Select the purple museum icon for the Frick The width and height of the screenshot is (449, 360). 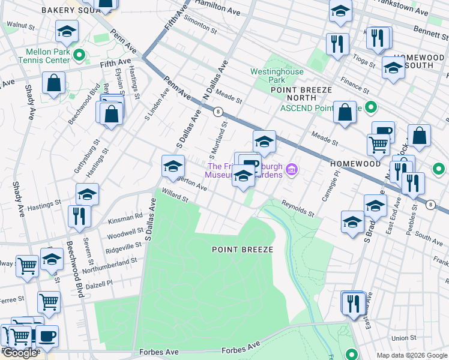point(292,170)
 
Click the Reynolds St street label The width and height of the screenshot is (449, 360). point(298,209)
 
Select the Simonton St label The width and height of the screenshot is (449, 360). point(200,25)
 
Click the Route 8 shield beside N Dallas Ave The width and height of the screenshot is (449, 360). point(218,111)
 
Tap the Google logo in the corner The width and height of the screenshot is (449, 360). point(20,353)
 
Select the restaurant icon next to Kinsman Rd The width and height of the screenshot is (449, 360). point(79,215)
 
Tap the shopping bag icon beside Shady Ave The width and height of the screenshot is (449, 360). point(53,83)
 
